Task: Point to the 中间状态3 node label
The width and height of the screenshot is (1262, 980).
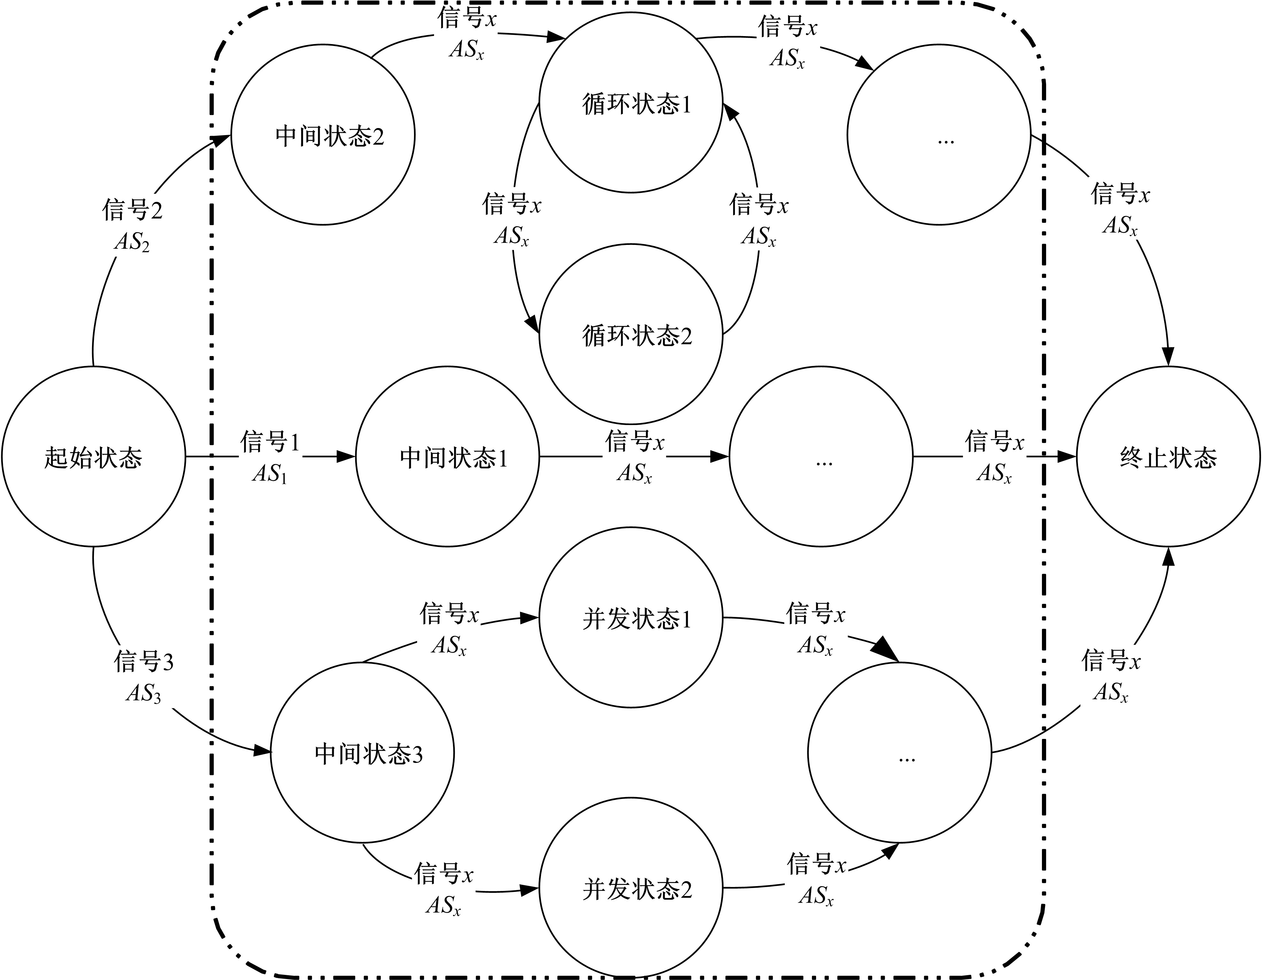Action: click(369, 754)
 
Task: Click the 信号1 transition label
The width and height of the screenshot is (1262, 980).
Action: click(270, 442)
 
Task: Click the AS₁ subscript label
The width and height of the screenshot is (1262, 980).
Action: click(270, 474)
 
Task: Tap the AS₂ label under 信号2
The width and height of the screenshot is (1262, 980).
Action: click(132, 241)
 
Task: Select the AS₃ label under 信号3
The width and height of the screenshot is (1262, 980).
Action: click(143, 693)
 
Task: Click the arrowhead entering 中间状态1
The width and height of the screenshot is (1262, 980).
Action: click(347, 457)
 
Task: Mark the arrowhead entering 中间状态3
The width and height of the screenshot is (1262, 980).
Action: click(263, 751)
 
